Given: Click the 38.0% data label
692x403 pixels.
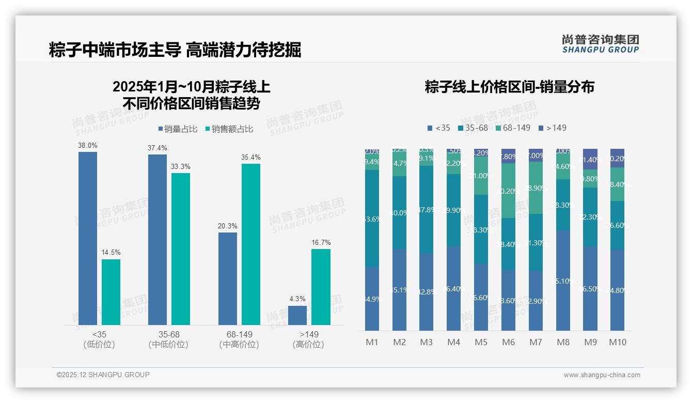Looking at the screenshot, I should [87, 146].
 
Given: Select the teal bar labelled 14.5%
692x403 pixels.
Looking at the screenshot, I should [111, 292].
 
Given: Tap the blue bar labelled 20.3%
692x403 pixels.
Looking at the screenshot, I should [228, 278].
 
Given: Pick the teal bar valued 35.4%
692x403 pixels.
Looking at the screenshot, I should [251, 244].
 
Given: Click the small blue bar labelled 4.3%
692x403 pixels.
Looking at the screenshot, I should [297, 315].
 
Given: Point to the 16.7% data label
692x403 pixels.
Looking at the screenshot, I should [321, 242].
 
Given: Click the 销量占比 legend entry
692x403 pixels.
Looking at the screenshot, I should [178, 129].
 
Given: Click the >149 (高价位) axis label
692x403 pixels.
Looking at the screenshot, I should [308, 339].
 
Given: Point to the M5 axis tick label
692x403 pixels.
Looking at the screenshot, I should [481, 342].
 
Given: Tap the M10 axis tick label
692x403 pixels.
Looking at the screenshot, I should [617, 342].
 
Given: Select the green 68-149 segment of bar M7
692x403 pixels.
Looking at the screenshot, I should [536, 188].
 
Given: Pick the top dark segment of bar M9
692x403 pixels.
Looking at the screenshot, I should [590, 159].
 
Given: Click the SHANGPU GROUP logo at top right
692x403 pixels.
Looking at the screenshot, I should [600, 44].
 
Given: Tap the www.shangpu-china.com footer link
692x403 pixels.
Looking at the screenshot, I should [602, 375].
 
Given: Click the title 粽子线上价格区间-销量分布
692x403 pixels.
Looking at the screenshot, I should [509, 87].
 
